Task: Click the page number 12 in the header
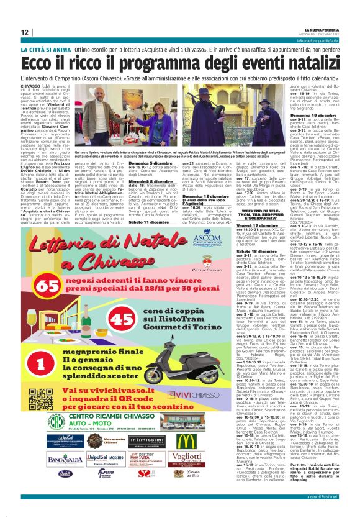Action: [24, 32]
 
